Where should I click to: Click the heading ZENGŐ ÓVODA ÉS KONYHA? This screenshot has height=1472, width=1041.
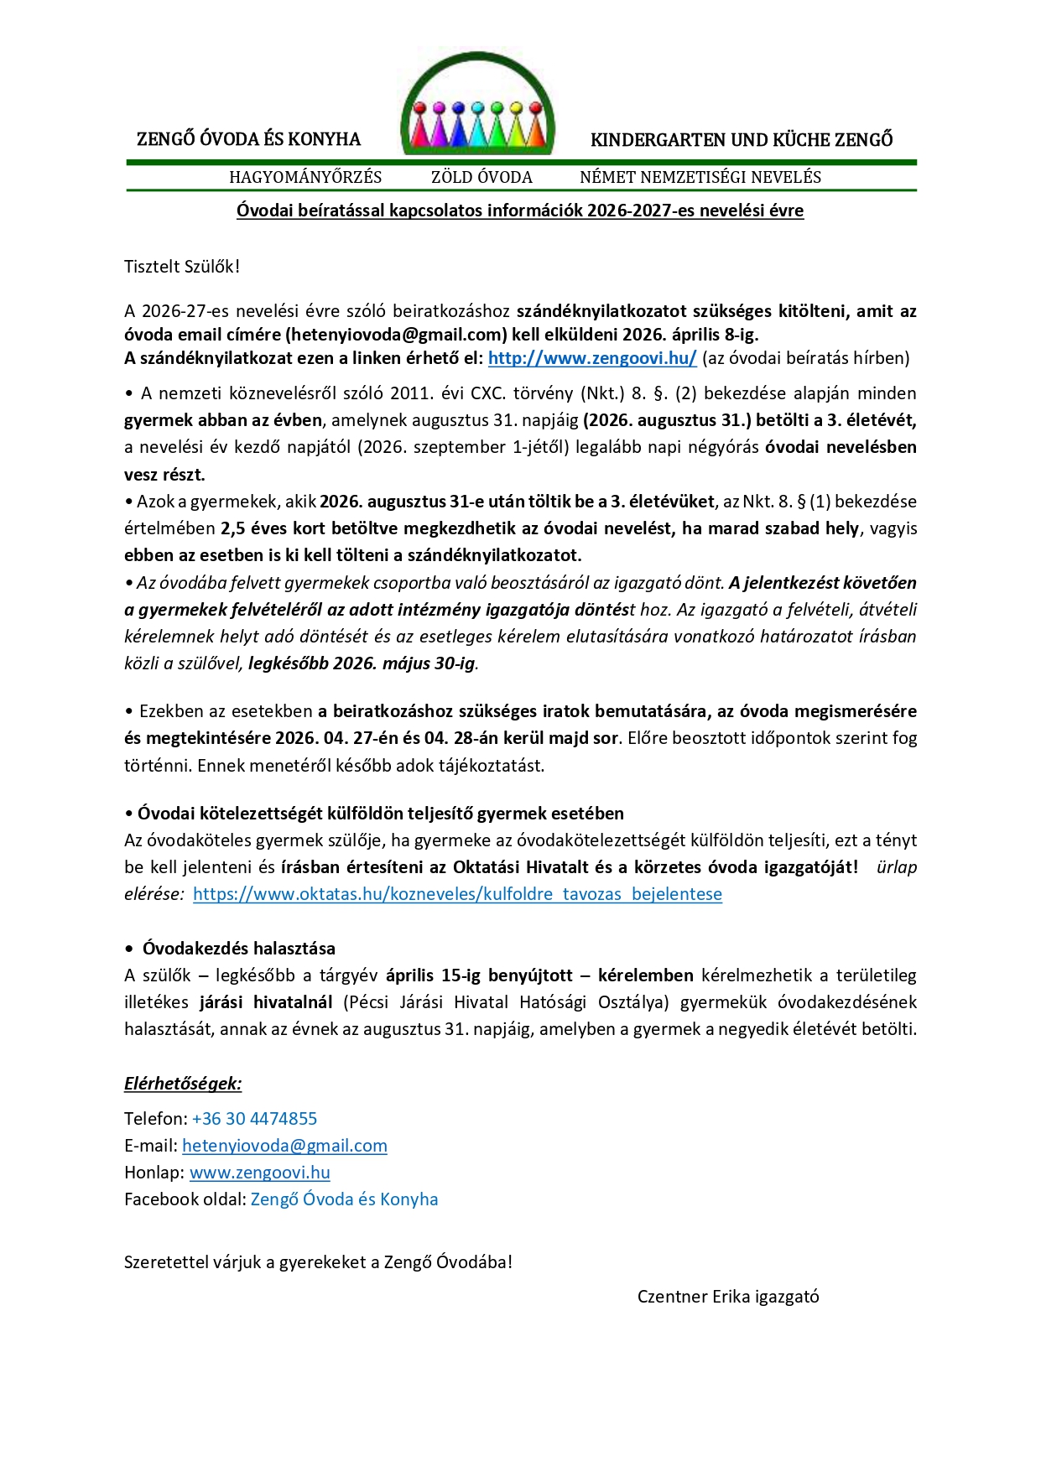pos(248,139)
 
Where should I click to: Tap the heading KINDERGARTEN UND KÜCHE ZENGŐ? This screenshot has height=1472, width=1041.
pos(742,140)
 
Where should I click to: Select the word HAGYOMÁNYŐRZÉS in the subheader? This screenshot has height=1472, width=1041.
pos(305,177)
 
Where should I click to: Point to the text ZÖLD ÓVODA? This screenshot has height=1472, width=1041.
pos(481,177)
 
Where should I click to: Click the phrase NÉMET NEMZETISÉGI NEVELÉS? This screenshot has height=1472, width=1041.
pos(700,177)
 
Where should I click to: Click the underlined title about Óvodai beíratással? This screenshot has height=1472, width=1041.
pos(520,211)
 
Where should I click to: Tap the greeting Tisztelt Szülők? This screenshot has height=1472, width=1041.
pos(182,267)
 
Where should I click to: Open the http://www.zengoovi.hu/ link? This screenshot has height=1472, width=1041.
pos(592,358)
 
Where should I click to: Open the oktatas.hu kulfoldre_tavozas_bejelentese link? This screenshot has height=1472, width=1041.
pos(457,894)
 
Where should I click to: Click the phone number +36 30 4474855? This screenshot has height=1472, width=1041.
pos(254,1119)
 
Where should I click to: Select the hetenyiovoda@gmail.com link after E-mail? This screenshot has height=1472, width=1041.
pos(284,1146)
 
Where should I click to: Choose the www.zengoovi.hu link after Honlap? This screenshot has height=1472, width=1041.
pos(259,1173)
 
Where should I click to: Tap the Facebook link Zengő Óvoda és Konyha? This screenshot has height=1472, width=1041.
pos(344,1199)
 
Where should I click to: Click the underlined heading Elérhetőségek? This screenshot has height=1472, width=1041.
pos(183,1084)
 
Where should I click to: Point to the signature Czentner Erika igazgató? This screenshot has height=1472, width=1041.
pos(728,1297)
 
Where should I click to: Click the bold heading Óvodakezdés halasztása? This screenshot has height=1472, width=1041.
pos(238,949)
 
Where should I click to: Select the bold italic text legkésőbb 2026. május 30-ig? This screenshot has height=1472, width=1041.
pos(362,663)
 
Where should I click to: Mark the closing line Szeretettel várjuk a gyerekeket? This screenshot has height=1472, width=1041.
pos(318,1262)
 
